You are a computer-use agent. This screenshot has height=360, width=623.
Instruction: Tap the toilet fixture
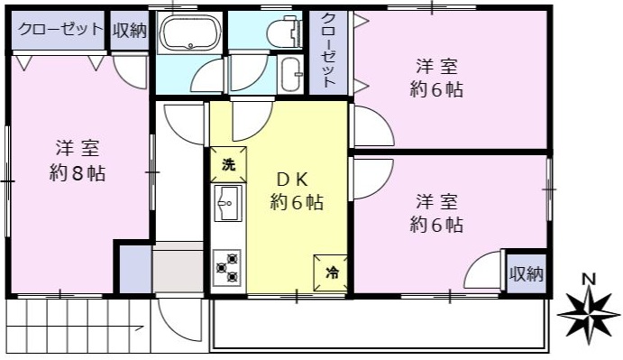pos(283,32)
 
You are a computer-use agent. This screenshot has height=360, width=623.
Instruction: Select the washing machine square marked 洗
pos(228,165)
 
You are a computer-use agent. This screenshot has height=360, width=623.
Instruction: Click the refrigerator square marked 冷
pos(331,272)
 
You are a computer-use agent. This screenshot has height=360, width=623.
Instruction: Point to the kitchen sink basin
pos(228,203)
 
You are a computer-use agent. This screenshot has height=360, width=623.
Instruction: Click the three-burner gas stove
pos(227,268)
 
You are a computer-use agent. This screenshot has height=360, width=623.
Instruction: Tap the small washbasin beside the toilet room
pos(291,74)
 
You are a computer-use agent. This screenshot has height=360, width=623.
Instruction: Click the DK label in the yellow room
pos(292,180)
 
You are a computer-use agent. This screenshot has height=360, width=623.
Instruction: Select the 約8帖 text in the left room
pos(78,173)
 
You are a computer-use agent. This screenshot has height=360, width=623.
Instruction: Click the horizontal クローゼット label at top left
pos(60,30)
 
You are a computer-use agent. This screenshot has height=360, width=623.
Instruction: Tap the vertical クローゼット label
pos(328,51)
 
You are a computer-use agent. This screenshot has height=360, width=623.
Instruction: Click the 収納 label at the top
pos(130,31)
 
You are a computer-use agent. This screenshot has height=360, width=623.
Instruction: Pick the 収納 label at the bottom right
pos(527,273)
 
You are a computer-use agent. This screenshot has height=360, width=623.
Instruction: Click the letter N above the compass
pos(589,280)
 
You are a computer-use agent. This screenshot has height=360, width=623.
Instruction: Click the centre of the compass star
pos(589,313)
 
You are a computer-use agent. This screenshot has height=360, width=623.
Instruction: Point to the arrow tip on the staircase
pos(144,328)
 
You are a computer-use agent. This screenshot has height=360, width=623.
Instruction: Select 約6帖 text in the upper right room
pos(436,90)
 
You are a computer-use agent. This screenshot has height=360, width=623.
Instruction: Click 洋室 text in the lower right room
pos(436,202)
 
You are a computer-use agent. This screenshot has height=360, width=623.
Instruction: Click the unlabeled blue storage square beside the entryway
pos(135,269)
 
